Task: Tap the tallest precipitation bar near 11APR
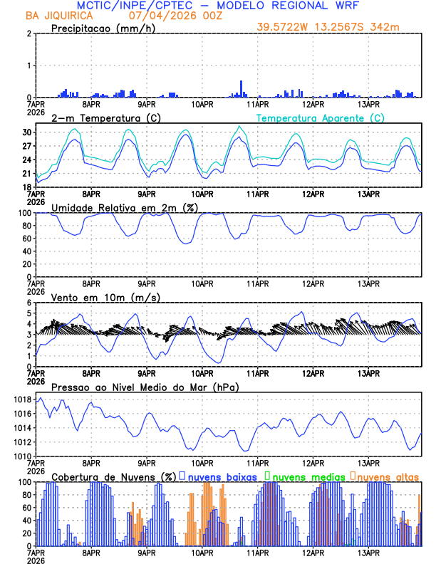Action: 242,89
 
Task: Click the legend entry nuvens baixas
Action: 222,476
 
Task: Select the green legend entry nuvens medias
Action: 308,476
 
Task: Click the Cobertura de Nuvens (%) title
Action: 113,476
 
